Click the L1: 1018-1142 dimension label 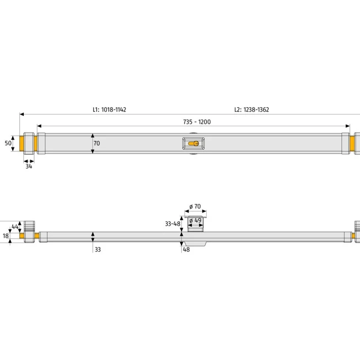[x=109, y=109]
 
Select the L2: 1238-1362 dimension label [x=252, y=109]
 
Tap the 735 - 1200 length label [x=197, y=122]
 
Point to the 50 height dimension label [x=8, y=143]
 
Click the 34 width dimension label [x=29, y=166]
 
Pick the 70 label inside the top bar [x=97, y=143]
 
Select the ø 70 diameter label [x=195, y=206]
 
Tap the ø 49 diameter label [x=195, y=221]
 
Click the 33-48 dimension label [x=173, y=223]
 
